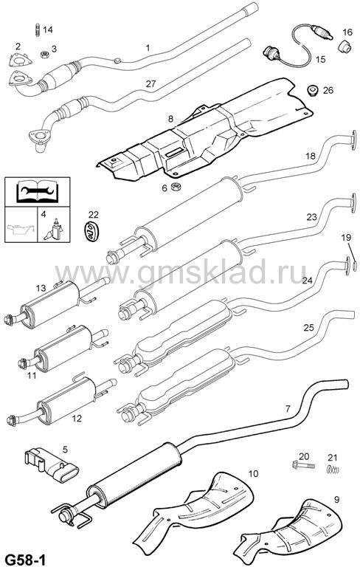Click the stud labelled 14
pos(37,30)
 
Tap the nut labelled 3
pos(45,55)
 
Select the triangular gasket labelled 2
pos(20,61)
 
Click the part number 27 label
pos(150,84)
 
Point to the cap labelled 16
pos(345,47)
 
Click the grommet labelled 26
pos(312,90)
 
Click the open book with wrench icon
pos(37,191)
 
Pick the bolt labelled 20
pos(303,464)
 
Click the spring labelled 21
pos(333,470)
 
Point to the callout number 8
pos(170,118)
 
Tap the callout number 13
pos(41,288)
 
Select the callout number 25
pos(308,328)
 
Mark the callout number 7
pos(288,409)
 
